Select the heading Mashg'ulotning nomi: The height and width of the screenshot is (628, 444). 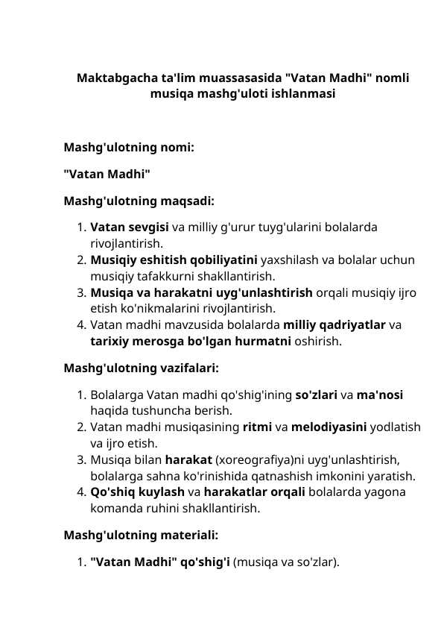coord(129,148)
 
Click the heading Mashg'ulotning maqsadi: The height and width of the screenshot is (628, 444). coord(139,201)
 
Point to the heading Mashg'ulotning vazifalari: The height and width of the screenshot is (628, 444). coord(141,368)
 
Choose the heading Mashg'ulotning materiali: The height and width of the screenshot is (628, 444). coord(141,535)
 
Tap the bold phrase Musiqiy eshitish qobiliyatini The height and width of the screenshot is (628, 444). coord(174,260)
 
